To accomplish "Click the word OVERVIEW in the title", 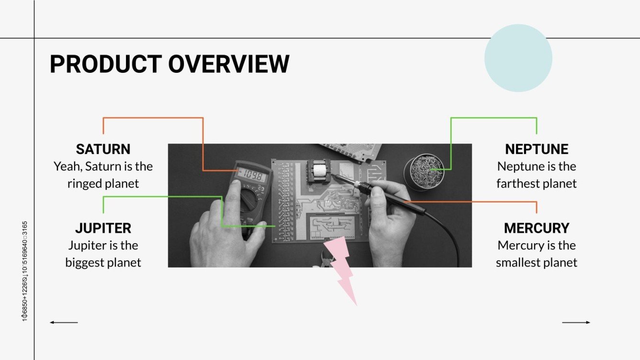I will click(229, 64).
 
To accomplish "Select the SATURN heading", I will click(103, 149).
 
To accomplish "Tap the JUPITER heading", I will click(103, 228).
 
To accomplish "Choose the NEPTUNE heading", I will click(537, 149).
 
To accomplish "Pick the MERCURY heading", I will click(537, 228).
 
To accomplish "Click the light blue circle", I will click(518, 58).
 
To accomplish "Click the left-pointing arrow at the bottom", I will click(63, 323).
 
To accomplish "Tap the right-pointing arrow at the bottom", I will click(576, 323).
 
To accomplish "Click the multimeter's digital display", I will click(251, 176).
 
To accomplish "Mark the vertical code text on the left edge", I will click(24, 271).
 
